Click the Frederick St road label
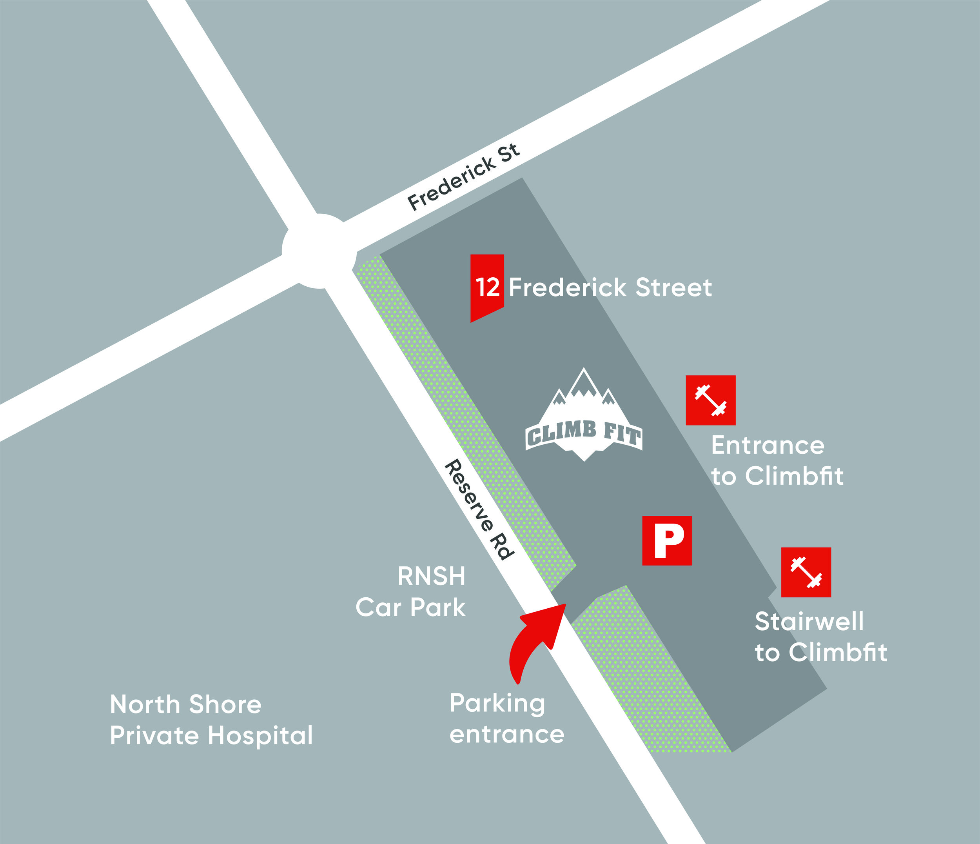[x=463, y=177]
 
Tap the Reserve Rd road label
[x=479, y=509]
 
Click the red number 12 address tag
[x=487, y=287]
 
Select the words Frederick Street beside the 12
[x=610, y=287]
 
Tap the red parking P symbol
[x=667, y=541]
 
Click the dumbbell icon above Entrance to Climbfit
[x=710, y=400]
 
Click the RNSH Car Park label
[x=410, y=592]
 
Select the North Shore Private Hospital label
[x=211, y=720]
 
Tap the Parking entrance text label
[x=506, y=718]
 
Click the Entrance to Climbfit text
[x=777, y=460]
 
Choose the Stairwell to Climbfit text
[x=820, y=637]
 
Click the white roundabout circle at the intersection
[x=319, y=251]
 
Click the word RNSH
[x=431, y=576]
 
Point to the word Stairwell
[x=809, y=621]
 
